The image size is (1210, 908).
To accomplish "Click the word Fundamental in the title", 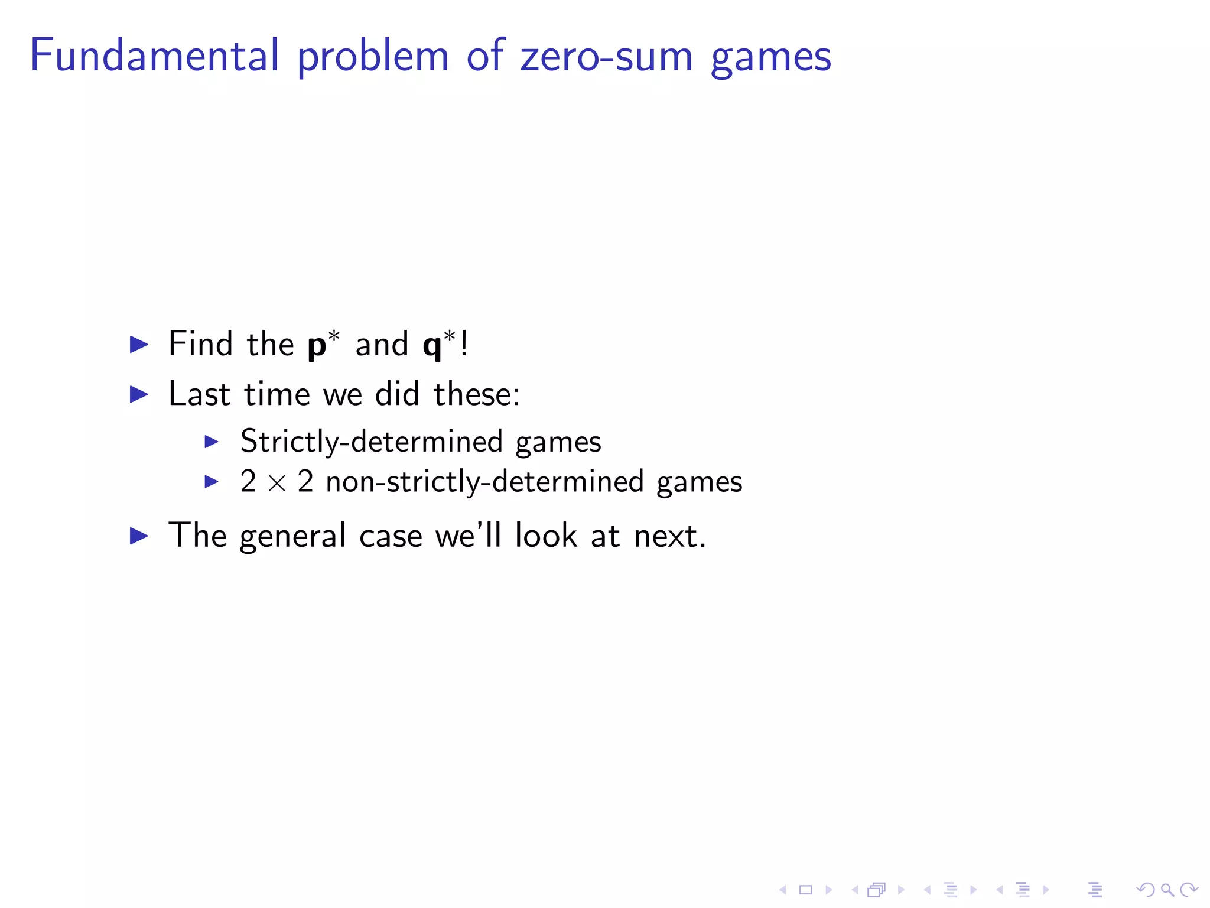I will point(154,56).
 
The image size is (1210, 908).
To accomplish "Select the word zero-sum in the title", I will point(606,56).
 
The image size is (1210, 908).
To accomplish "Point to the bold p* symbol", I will point(323,344).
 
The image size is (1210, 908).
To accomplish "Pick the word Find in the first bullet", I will point(200,343).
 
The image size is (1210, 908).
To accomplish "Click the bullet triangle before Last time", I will point(139,394).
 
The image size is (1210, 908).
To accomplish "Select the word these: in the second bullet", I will point(476,394).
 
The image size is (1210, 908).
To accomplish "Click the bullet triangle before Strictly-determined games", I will point(211,442).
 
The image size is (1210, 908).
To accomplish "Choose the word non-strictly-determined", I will point(484,482).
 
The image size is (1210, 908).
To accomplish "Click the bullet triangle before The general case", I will point(139,536).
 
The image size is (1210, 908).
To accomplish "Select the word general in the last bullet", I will point(292,537).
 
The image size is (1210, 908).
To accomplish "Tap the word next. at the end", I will point(669,537).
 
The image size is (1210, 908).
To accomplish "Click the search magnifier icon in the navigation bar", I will point(1166,890).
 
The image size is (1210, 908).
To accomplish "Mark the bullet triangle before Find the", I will point(139,344).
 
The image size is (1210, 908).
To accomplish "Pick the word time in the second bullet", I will point(277,394).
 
